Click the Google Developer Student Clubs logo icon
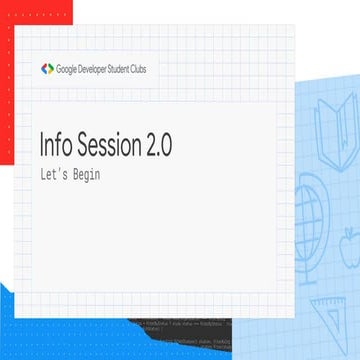47,69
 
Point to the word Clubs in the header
153,69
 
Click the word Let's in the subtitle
49,174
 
